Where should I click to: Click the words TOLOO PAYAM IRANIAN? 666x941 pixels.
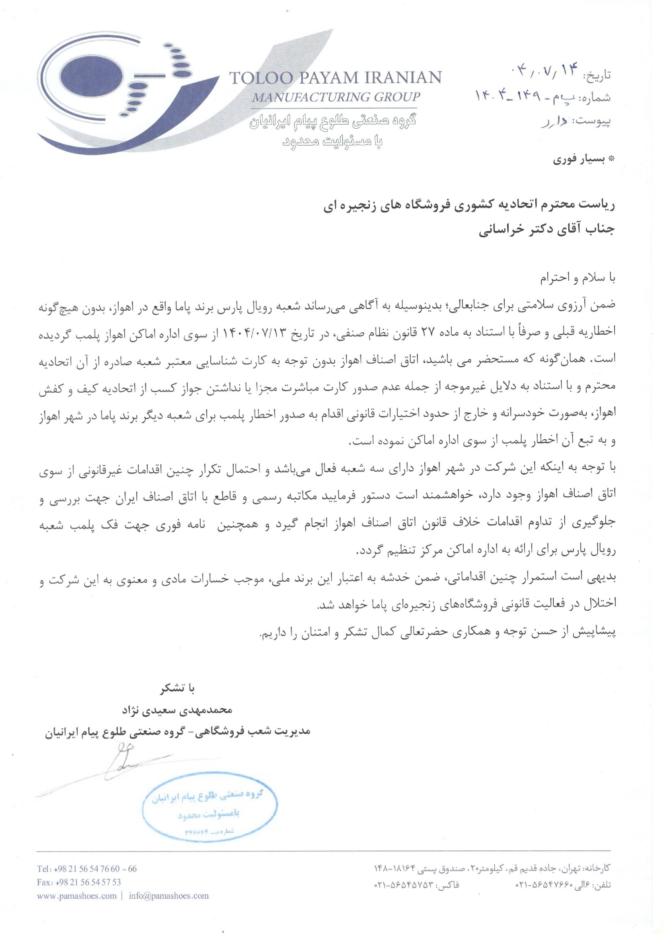point(335,78)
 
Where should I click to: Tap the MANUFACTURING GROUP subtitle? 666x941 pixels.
point(336,97)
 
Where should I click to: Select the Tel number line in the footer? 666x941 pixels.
point(87,869)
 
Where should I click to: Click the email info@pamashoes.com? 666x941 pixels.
point(169,896)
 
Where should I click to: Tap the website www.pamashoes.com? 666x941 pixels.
point(77,896)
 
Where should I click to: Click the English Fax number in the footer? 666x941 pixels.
point(79,882)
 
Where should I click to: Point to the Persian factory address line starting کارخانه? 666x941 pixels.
point(492,868)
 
